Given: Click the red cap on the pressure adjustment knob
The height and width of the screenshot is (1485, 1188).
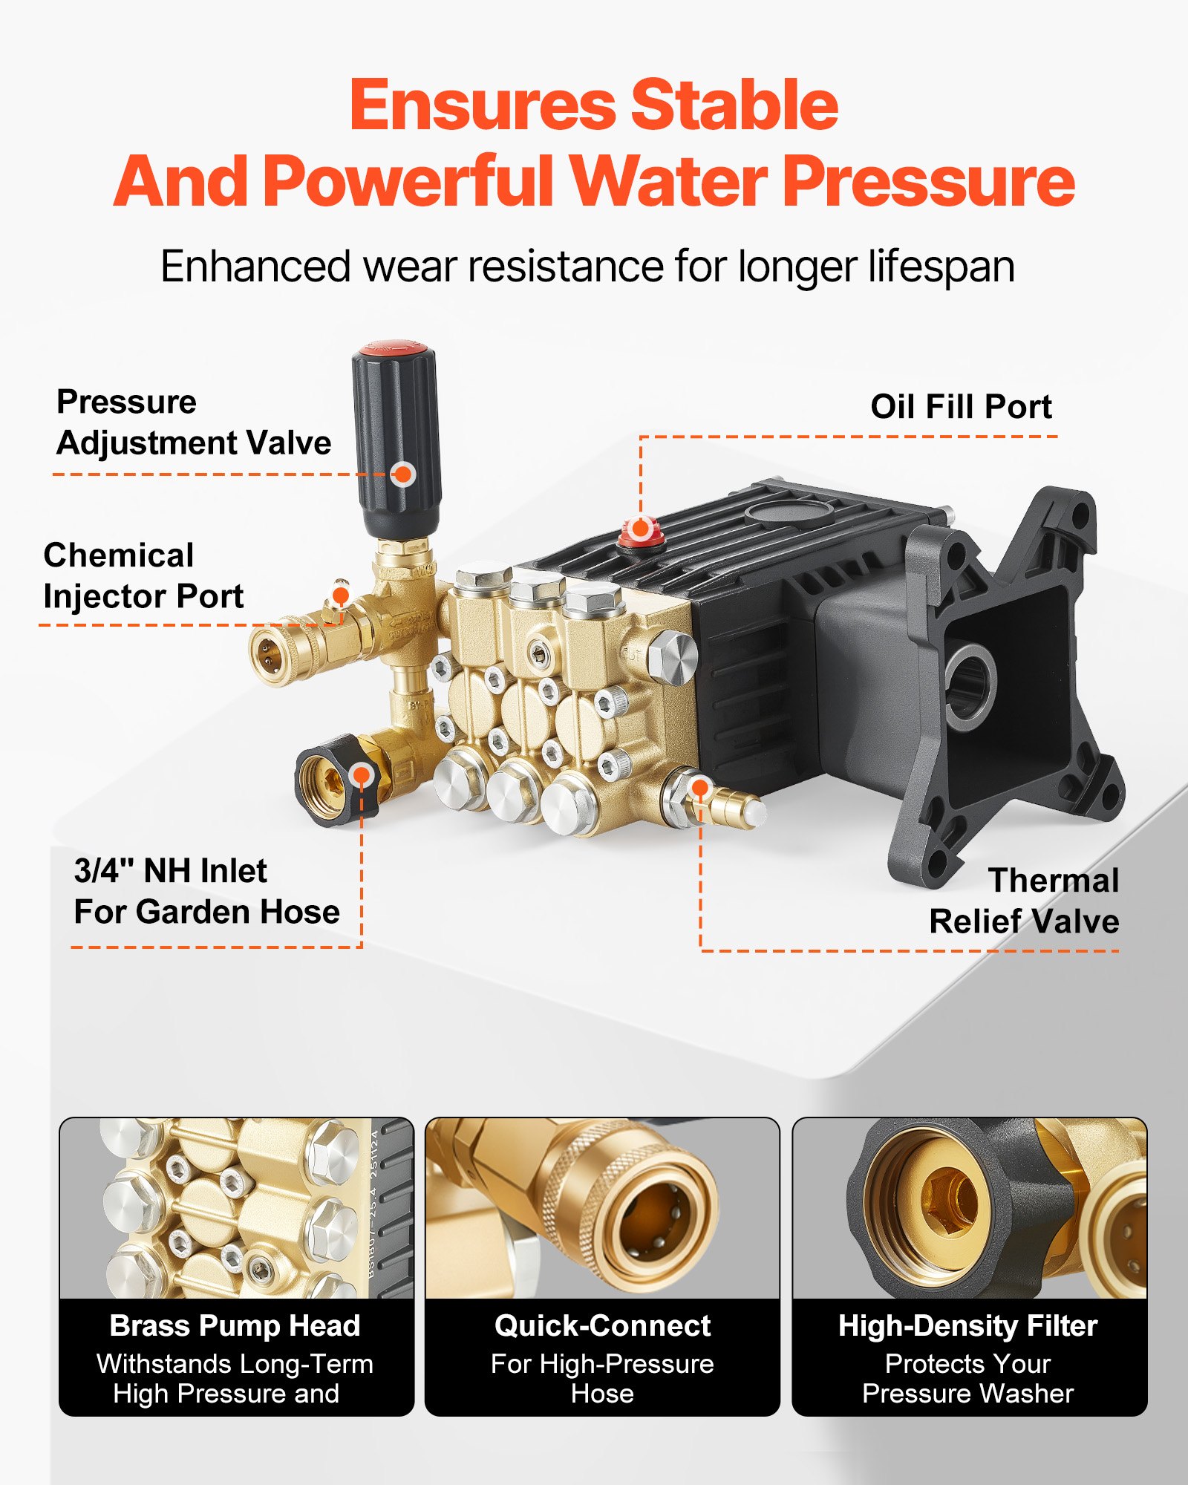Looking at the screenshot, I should pos(394,348).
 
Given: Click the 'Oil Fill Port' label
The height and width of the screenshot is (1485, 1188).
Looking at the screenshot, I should pos(960,407).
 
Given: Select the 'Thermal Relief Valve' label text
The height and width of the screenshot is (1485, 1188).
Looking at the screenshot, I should pos(1025,900).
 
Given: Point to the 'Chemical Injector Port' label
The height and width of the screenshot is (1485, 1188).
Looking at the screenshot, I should pos(143,575).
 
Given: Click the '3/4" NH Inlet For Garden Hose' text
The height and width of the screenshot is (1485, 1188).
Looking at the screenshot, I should pos(206,891).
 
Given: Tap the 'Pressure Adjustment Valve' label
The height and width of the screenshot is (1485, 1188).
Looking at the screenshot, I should pos(193,422).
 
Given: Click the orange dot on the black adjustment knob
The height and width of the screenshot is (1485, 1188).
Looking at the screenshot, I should pos(403,474).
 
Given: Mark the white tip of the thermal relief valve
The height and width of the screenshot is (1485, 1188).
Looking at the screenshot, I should pos(755,813).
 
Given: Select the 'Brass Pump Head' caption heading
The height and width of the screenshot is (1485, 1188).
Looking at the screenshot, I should pos(235,1326).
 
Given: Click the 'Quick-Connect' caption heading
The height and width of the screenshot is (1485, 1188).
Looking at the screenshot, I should pos(602,1326).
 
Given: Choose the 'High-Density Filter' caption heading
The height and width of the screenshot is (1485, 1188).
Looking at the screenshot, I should pos(967,1326).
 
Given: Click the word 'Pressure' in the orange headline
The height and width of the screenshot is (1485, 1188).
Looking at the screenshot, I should pos(928,182).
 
